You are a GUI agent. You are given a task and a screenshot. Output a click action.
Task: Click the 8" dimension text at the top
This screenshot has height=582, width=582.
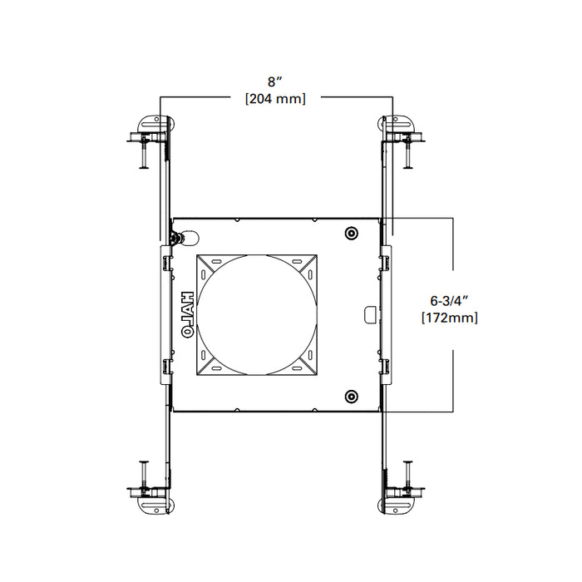tap(274, 81)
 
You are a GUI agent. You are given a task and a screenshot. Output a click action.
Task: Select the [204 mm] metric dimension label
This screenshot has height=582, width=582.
tap(274, 99)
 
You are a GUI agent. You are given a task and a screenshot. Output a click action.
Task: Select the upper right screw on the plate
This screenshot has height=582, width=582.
tap(351, 233)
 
